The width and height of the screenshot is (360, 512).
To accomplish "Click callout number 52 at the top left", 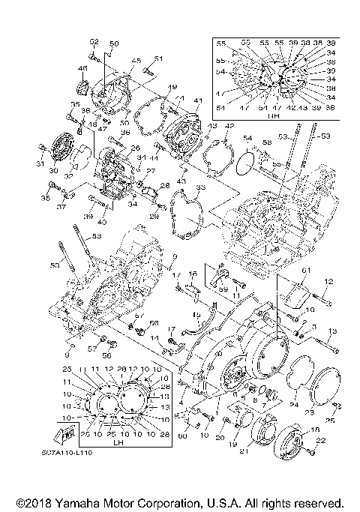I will (94, 40).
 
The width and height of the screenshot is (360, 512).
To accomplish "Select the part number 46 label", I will (82, 69).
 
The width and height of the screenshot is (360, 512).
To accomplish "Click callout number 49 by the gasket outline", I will (171, 87).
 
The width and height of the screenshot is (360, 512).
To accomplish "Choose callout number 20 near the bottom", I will (219, 436).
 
